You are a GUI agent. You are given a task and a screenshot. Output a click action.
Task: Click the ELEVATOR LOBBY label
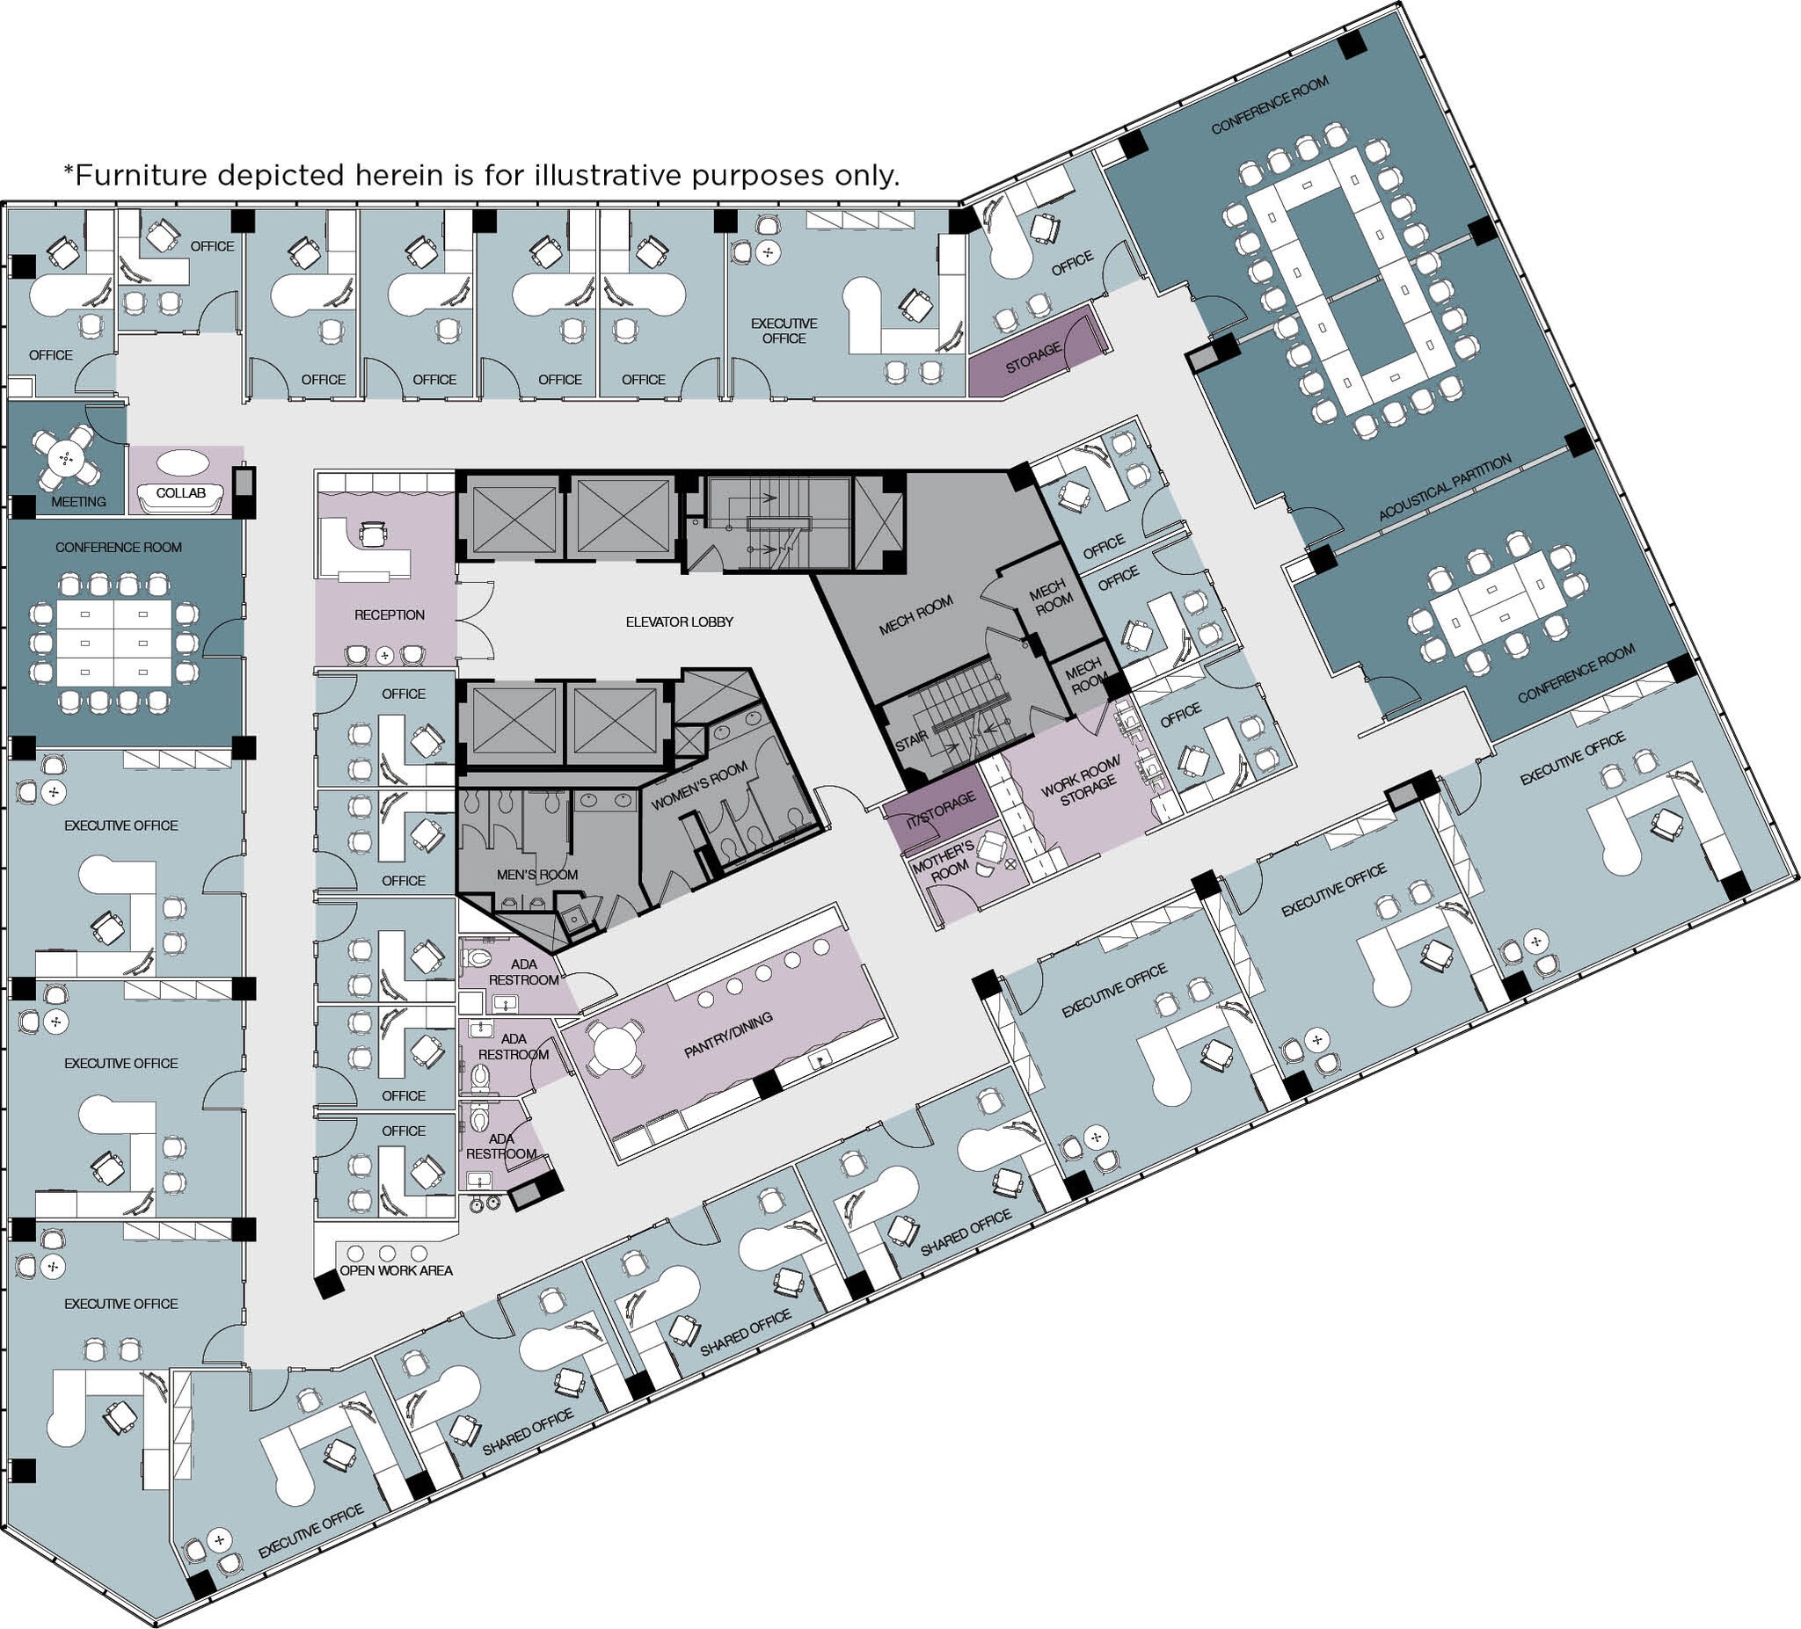tap(679, 622)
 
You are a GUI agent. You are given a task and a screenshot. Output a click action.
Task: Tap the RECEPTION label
tap(389, 615)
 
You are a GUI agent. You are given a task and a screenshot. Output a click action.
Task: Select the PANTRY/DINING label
tap(728, 1035)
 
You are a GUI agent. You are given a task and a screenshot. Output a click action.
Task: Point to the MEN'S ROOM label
tap(537, 875)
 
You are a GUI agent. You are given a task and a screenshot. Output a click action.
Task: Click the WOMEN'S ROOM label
tap(698, 786)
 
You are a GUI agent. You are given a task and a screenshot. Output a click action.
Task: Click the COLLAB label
tap(180, 493)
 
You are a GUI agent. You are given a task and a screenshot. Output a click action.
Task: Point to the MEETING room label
tap(78, 502)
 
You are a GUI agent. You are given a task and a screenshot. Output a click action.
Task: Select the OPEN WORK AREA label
tap(396, 1270)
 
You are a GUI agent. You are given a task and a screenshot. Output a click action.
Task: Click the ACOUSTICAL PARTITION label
tap(1446, 487)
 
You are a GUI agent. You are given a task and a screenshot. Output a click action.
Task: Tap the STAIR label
tap(911, 740)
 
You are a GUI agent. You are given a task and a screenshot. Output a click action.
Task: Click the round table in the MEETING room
tap(65, 458)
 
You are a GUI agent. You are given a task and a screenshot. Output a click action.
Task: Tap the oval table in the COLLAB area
tap(183, 463)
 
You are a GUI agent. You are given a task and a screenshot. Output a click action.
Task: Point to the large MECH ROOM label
tap(915, 615)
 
